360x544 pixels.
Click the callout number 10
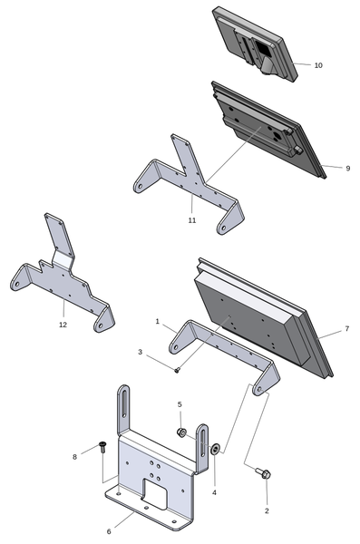tap(318, 65)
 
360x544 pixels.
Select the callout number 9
tap(348, 169)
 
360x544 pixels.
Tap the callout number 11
tap(192, 220)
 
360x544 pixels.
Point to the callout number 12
tap(63, 325)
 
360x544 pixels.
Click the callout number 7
tap(347, 328)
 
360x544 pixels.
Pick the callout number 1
tap(157, 322)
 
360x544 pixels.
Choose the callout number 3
tap(140, 352)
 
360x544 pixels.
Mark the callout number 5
tap(180, 404)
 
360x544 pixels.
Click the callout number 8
tap(74, 457)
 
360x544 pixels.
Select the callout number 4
tap(214, 492)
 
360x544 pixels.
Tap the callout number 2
tap(267, 510)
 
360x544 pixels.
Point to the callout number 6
tap(109, 531)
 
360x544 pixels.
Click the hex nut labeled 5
tap(181, 432)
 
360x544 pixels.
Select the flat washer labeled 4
tap(215, 450)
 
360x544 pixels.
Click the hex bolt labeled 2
tap(264, 473)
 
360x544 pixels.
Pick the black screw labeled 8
tap(102, 446)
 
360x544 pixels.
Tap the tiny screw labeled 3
tap(178, 370)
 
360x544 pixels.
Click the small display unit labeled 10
tap(255, 44)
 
